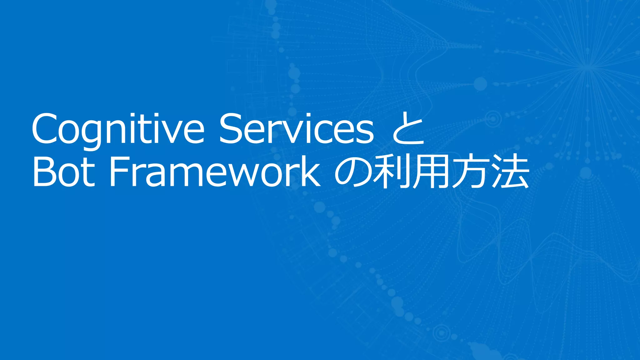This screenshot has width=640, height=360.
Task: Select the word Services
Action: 296,129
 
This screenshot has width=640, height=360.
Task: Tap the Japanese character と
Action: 408,129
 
